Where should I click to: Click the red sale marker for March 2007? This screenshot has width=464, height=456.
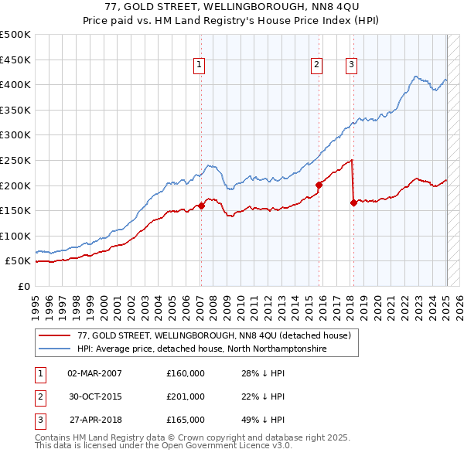pyautogui.click(x=201, y=206)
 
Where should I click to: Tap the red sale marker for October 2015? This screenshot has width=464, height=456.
pyautogui.click(x=319, y=185)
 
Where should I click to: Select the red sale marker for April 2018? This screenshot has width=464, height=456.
pyautogui.click(x=353, y=203)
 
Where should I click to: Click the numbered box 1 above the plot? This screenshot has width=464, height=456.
pyautogui.click(x=200, y=66)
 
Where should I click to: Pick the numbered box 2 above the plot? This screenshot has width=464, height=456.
pyautogui.click(x=317, y=66)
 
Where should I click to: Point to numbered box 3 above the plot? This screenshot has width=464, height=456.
pyautogui.click(x=351, y=66)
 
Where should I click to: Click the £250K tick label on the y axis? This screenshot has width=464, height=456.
pyautogui.click(x=15, y=160)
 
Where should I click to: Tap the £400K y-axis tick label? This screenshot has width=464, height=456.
pyautogui.click(x=15, y=84)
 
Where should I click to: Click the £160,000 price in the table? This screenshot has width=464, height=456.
pyautogui.click(x=186, y=373)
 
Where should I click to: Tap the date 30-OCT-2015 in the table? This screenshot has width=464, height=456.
pyautogui.click(x=95, y=396)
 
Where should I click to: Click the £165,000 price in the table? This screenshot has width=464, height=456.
pyautogui.click(x=186, y=420)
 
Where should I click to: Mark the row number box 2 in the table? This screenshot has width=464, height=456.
pyautogui.click(x=40, y=396)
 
